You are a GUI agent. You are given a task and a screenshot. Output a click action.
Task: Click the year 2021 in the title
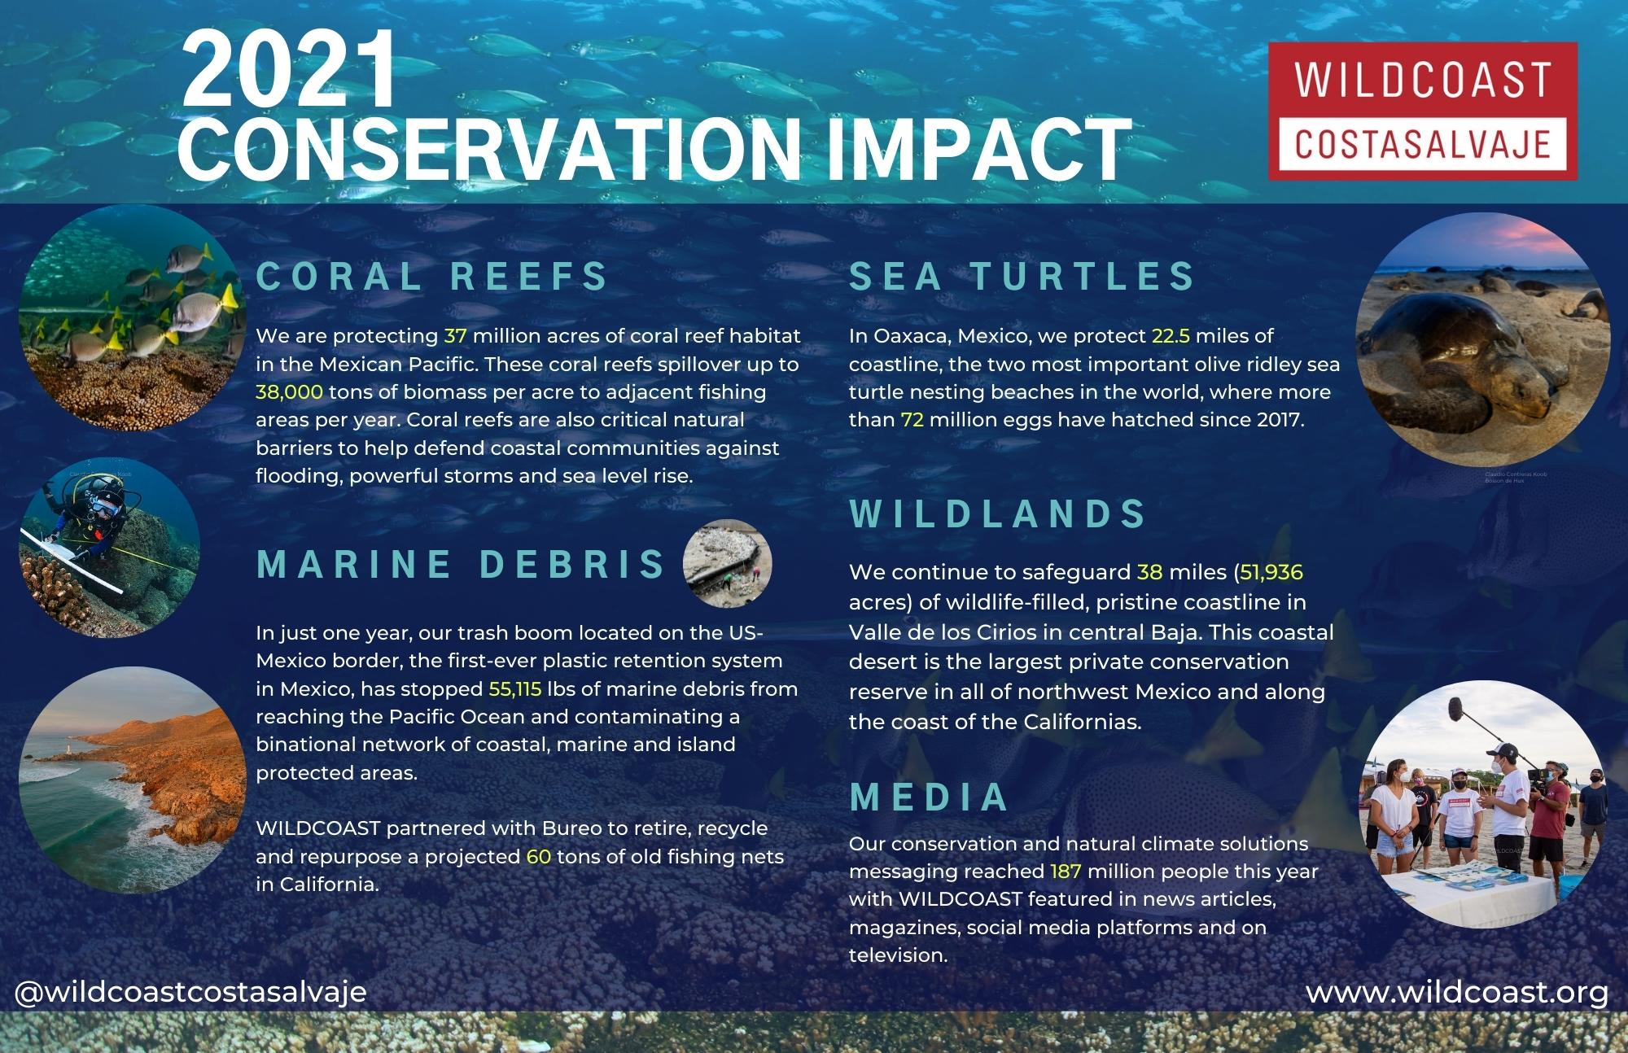[x=290, y=71]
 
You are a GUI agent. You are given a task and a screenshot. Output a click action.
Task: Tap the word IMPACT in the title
[x=978, y=151]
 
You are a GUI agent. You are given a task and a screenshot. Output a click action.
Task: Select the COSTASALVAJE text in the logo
[x=1422, y=144]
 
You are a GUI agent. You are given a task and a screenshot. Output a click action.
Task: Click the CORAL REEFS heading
[x=432, y=276]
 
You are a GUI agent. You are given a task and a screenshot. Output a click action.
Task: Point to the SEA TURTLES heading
[x=1022, y=276]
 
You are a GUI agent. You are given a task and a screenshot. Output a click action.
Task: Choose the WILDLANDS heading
[x=998, y=513]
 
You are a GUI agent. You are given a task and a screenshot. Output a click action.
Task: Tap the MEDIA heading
[x=930, y=797]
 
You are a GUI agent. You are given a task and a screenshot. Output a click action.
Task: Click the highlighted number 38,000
[x=290, y=391]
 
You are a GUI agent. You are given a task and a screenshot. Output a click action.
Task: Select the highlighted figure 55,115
[x=515, y=689]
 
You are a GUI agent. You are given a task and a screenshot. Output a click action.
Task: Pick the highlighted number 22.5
[x=1171, y=336]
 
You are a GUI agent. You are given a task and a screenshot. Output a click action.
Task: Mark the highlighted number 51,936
[x=1271, y=573]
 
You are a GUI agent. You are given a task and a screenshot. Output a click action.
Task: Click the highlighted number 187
[x=1066, y=872]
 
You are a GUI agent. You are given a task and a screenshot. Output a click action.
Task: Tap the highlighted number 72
[x=912, y=420]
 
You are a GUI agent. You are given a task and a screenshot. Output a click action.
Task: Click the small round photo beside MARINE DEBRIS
[x=727, y=563]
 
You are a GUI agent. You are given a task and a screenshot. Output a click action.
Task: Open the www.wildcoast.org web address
[x=1457, y=993]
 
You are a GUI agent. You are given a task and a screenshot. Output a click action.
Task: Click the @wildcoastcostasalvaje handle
[x=190, y=993]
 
